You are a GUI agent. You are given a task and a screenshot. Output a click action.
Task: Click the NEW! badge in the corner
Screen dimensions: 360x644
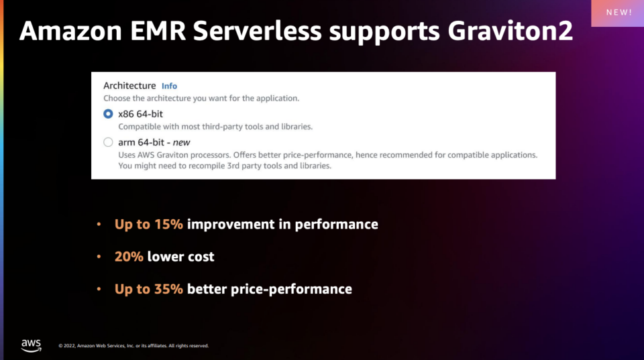click(x=618, y=13)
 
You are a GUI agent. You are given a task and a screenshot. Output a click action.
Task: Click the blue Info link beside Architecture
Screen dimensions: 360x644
click(x=169, y=86)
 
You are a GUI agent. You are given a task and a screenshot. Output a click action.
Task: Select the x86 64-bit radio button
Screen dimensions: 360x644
click(x=108, y=114)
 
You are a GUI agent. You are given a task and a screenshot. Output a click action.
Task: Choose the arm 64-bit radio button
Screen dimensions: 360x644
click(x=108, y=142)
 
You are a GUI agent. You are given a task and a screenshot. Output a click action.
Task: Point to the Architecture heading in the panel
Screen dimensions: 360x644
click(x=129, y=86)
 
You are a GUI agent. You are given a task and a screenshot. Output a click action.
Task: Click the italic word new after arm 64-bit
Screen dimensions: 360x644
click(x=182, y=142)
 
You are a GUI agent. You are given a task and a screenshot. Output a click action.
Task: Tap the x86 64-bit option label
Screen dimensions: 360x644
click(x=140, y=114)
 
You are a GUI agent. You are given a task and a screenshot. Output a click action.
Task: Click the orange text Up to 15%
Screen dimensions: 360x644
click(x=148, y=224)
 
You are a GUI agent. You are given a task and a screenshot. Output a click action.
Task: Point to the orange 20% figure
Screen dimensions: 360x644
click(x=129, y=256)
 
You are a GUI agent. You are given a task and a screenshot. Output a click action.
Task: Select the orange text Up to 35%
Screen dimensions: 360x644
click(x=148, y=289)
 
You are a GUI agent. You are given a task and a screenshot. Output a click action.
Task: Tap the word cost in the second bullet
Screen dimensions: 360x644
click(x=199, y=256)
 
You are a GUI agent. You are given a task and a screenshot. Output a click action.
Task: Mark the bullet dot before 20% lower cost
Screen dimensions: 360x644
click(x=99, y=257)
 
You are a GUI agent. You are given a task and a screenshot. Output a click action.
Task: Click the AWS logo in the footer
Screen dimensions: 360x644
click(x=31, y=345)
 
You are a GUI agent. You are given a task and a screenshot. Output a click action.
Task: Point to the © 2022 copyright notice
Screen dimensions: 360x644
click(x=133, y=346)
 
